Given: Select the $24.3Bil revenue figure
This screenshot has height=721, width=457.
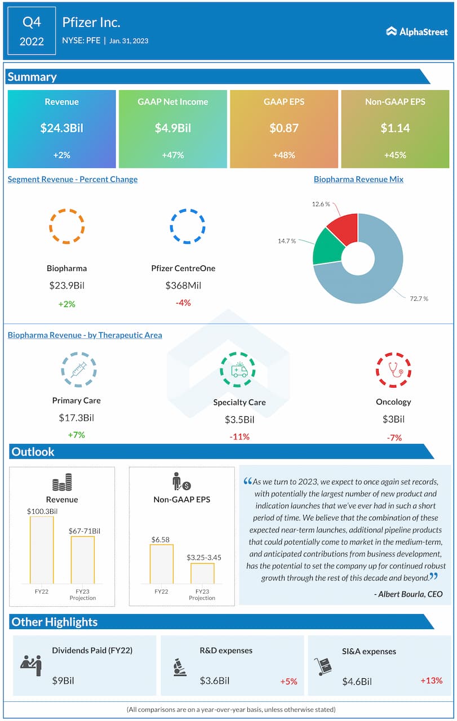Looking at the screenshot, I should point(61,128).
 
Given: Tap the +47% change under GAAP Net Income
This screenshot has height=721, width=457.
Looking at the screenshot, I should point(172,154).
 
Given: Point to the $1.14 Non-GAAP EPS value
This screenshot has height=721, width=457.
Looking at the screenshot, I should point(396,128).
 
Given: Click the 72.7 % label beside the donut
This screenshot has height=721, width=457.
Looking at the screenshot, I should point(419,298).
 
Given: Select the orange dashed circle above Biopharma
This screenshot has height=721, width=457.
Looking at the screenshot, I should point(66,226).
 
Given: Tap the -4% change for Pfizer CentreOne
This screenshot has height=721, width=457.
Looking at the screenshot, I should point(183,302).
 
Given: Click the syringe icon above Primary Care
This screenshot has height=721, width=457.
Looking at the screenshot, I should point(78,370).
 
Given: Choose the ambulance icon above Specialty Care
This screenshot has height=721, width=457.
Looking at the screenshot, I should point(239,370).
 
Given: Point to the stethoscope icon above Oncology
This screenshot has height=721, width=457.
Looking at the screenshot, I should point(393,370).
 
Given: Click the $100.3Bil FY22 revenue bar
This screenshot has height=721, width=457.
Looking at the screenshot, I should point(42,550).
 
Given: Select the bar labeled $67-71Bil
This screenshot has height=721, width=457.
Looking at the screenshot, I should point(82,560).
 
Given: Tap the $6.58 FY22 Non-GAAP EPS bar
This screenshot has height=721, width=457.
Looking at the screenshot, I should point(161,564).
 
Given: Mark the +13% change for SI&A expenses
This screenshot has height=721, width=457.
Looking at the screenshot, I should point(431,680).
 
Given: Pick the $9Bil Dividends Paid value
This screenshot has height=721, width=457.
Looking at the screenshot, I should point(63,680).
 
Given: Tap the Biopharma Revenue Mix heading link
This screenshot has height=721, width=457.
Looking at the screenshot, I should point(358,179).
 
